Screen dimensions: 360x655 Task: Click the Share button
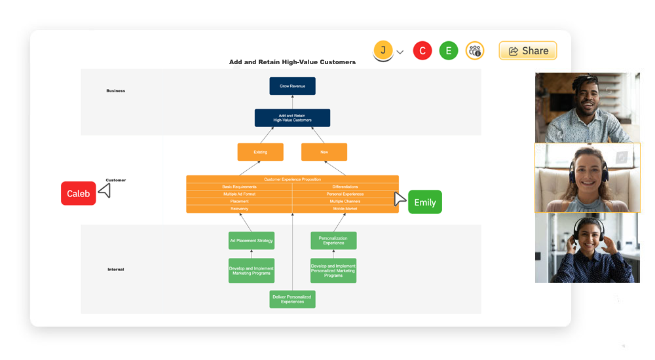point(528,51)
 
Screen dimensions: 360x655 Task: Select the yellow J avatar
point(383,50)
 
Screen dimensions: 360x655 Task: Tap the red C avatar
point(422,51)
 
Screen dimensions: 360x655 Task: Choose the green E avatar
point(449,51)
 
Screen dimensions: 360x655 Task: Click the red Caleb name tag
point(79,194)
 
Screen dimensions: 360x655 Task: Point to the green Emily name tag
point(425,202)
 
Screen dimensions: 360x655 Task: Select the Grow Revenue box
point(292,86)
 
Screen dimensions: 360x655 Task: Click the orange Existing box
point(261,152)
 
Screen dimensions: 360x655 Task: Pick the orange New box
point(324,152)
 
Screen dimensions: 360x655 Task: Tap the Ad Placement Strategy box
point(252,240)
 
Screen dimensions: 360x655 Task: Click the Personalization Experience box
point(333,240)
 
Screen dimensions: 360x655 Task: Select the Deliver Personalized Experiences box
point(293,299)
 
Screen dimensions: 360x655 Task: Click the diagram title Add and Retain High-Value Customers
point(292,62)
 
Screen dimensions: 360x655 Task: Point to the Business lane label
point(116,91)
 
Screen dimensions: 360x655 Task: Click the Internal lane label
point(116,270)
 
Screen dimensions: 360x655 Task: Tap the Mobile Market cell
point(345,209)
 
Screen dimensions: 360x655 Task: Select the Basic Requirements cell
point(239,187)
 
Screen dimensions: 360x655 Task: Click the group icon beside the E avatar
point(475,51)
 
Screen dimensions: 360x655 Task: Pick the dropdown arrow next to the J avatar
point(400,52)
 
